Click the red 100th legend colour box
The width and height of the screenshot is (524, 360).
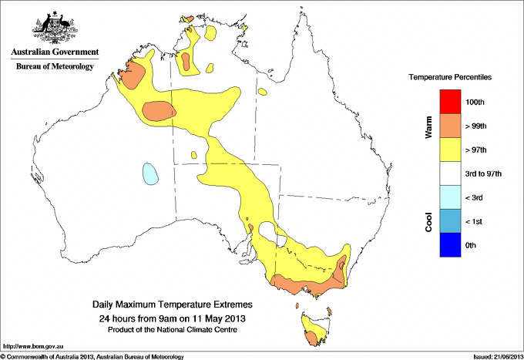tap(450, 102)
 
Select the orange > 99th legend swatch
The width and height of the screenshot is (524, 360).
tap(450, 126)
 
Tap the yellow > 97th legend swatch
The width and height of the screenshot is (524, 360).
tap(450, 150)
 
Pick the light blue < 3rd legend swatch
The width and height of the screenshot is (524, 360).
tap(450, 197)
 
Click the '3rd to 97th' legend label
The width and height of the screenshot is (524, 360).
tap(485, 174)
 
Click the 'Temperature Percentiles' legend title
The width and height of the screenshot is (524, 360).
tap(450, 78)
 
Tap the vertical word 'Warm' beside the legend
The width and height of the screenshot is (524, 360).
tap(429, 126)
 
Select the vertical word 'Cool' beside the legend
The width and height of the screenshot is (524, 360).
tap(429, 222)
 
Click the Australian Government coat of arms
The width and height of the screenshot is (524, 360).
tap(54, 26)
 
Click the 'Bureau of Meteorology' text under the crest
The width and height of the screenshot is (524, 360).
tap(54, 67)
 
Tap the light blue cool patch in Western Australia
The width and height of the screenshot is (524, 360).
tap(149, 173)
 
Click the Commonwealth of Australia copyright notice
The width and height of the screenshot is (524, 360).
tap(92, 356)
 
